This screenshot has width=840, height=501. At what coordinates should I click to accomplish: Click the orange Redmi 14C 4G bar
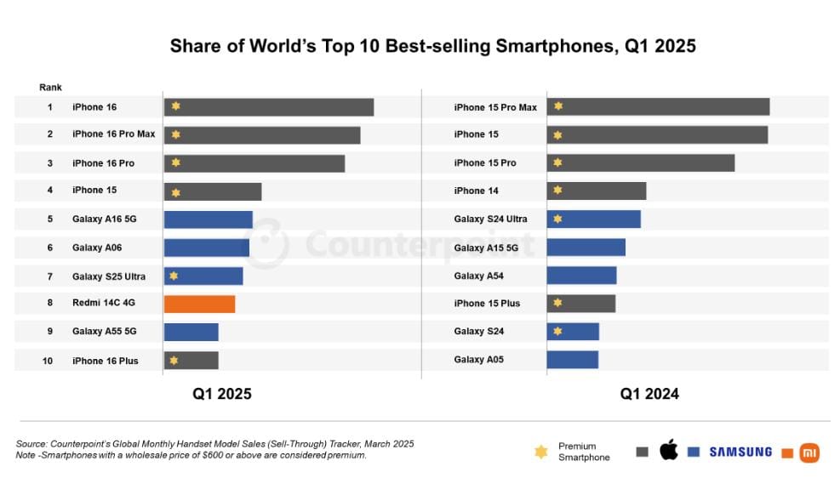(199, 304)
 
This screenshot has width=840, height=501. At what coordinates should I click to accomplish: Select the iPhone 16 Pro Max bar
(262, 135)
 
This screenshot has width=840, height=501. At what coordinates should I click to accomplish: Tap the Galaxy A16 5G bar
(208, 219)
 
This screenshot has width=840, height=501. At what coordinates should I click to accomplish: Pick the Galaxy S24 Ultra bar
(593, 219)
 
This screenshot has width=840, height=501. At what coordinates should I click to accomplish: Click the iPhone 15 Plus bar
(580, 304)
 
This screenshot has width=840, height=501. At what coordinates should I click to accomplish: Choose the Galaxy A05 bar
(572, 360)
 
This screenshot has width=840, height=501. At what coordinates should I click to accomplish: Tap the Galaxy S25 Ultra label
(109, 276)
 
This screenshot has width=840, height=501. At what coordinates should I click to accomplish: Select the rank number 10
(48, 361)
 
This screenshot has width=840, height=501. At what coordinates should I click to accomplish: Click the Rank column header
(50, 88)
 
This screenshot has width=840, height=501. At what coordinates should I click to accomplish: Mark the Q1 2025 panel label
(221, 394)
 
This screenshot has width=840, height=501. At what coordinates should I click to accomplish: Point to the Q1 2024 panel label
(649, 394)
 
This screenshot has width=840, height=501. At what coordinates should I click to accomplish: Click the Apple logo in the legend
(669, 451)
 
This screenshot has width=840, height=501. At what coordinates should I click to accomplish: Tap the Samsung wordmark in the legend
(740, 452)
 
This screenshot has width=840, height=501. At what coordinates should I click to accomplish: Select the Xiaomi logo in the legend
(809, 453)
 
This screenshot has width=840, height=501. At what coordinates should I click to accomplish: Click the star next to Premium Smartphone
(540, 452)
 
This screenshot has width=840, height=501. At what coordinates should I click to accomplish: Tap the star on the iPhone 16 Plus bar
(174, 361)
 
